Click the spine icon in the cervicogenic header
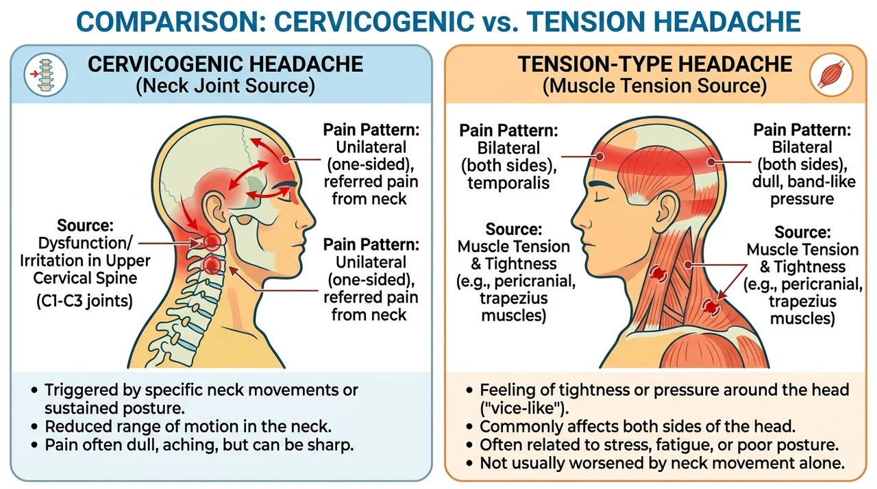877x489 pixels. click(x=45, y=75)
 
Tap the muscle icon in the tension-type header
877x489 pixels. click(x=831, y=75)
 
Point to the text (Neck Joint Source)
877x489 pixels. click(x=225, y=86)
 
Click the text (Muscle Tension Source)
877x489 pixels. click(x=654, y=86)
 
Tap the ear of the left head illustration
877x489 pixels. click(x=214, y=208)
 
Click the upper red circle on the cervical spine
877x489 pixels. click(x=212, y=242)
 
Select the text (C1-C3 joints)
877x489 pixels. click(x=84, y=301)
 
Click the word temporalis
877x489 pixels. click(x=508, y=183)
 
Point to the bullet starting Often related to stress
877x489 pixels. click(x=653, y=444)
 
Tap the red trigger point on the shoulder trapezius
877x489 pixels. click(x=711, y=307)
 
